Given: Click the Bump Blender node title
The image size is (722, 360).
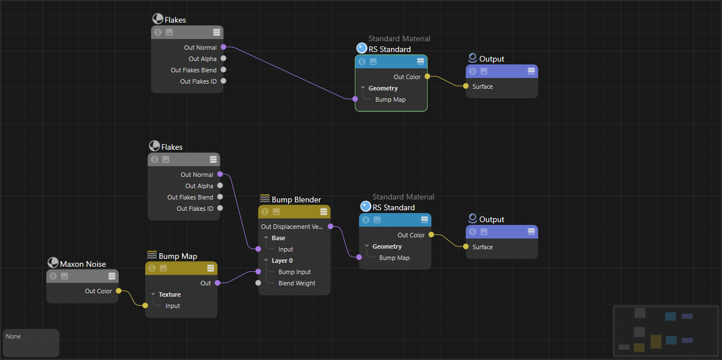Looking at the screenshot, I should [296, 199].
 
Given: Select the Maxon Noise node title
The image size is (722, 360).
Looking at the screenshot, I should [82, 264].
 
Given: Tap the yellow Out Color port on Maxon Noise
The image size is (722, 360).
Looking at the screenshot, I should [118, 291].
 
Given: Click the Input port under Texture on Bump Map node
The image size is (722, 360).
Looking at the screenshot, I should [145, 306].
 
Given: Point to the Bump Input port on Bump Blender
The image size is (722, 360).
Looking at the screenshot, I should [258, 272].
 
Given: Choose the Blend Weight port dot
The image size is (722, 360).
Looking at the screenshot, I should [258, 283].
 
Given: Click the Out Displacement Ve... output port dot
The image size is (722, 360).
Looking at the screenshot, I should [330, 227].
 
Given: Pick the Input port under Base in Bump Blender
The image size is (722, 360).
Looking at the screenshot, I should [258, 249].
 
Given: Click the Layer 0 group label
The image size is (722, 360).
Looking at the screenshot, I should [282, 261].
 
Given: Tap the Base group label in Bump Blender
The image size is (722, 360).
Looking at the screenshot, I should [279, 238].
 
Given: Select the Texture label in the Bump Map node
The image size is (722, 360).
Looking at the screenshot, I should [169, 294].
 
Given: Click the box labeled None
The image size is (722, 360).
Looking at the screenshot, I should [31, 342].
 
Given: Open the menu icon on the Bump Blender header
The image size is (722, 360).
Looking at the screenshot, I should [324, 212].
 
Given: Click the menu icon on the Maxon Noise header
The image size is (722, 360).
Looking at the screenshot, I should [112, 276].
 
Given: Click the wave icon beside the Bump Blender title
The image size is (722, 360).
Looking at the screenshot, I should [264, 199].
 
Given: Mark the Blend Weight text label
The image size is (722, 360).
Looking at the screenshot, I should [297, 283].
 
